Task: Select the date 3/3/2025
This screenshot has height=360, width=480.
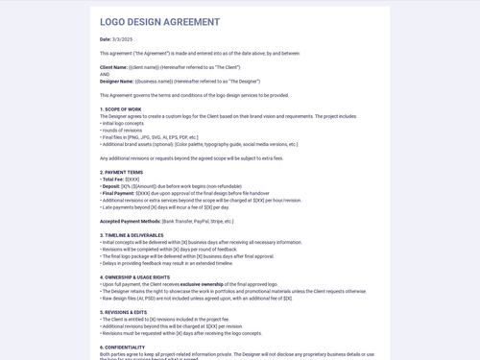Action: pyautogui.click(x=123, y=39)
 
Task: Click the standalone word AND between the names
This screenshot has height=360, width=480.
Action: pyautogui.click(x=105, y=74)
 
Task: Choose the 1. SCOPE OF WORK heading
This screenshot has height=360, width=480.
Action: pyautogui.click(x=121, y=109)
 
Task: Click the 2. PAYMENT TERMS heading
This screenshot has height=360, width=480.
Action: pyautogui.click(x=122, y=172)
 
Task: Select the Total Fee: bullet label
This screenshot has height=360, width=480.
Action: pyautogui.click(x=113, y=179)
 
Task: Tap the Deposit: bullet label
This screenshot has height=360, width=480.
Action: pyautogui.click(x=111, y=186)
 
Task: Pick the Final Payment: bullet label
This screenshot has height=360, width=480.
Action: pyautogui.click(x=119, y=193)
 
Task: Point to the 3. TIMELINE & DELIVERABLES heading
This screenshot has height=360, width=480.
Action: pyautogui.click(x=139, y=235)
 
